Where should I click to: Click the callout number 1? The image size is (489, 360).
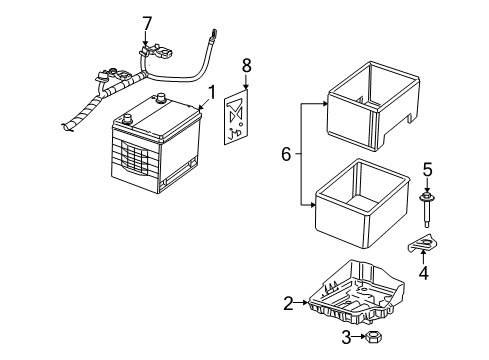coord(211,95)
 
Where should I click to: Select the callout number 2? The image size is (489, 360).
coord(288,303)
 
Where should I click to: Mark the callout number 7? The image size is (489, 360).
coord(147,22)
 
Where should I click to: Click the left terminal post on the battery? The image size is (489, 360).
coord(126,117)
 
